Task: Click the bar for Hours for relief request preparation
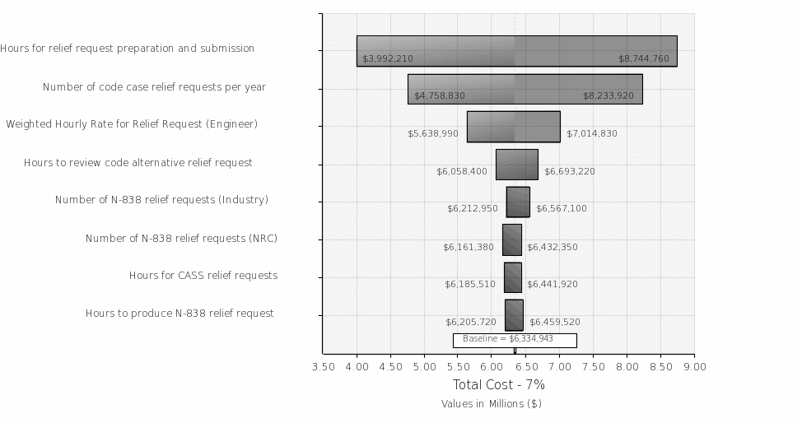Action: (516, 51)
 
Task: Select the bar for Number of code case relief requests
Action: (525, 89)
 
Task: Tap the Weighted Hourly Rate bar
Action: (513, 127)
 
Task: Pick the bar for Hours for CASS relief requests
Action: (512, 277)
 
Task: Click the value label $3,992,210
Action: (388, 59)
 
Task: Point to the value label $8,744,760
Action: (644, 59)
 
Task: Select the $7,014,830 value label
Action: (591, 133)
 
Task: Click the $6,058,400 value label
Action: (462, 171)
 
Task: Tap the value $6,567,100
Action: (562, 209)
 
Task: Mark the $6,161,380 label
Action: (469, 247)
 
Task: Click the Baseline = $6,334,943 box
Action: (515, 339)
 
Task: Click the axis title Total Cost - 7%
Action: (499, 385)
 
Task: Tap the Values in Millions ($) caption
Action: (492, 404)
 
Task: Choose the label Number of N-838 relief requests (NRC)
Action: (181, 239)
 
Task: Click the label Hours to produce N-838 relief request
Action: (180, 314)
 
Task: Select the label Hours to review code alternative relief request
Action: (138, 163)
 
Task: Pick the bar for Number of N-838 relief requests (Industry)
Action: (518, 202)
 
